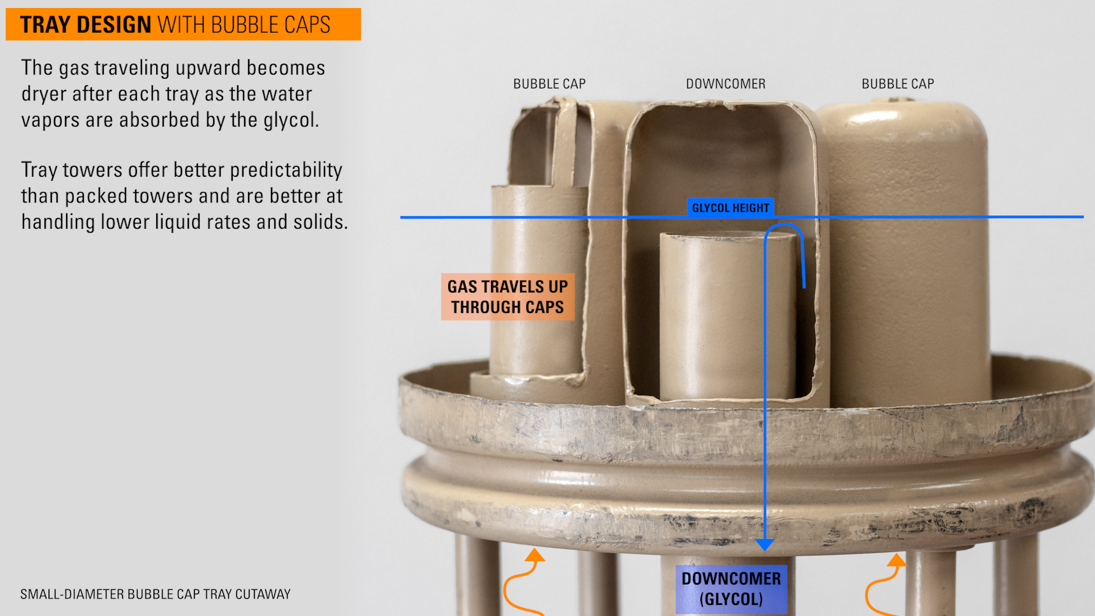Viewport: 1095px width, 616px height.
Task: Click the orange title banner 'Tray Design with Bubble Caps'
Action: (183, 25)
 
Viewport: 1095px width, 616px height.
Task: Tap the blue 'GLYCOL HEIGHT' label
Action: (731, 208)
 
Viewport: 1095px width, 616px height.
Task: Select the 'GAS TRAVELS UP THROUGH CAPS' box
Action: (508, 297)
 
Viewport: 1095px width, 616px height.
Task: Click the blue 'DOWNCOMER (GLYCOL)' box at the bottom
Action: (731, 589)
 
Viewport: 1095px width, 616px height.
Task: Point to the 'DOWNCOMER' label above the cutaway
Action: (725, 84)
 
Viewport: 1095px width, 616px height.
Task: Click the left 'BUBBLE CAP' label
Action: (549, 84)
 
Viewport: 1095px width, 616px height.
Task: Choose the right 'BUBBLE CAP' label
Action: (898, 84)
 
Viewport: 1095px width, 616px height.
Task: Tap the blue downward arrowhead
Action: (765, 545)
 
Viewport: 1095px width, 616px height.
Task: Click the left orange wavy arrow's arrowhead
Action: (534, 555)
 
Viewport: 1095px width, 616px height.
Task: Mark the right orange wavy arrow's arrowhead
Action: (898, 560)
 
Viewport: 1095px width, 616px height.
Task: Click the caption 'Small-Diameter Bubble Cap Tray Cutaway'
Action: (155, 594)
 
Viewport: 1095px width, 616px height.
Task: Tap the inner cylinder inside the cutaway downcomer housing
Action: (727, 317)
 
